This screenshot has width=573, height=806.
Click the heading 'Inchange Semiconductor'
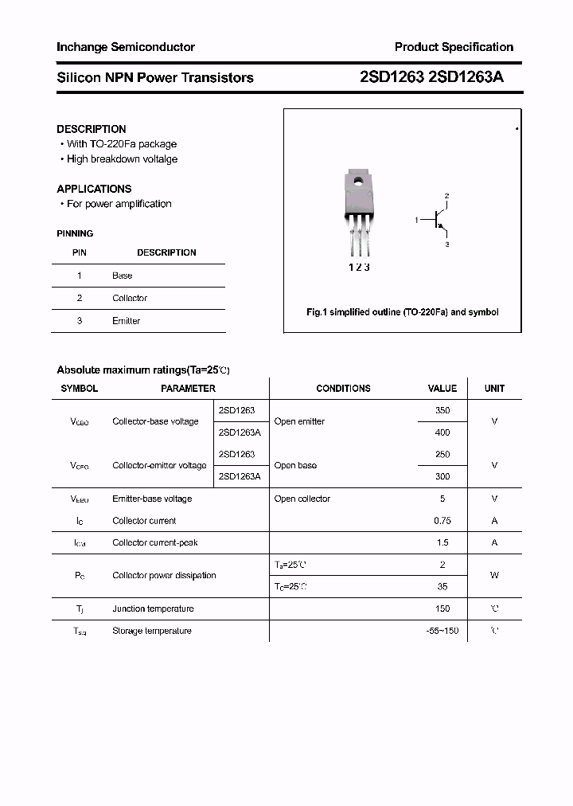(126, 48)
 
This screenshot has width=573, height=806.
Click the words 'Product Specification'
(454, 47)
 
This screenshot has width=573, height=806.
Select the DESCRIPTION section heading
(92, 129)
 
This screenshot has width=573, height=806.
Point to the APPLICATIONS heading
(94, 189)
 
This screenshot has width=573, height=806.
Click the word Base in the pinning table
(123, 276)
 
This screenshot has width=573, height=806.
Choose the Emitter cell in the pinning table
(126, 321)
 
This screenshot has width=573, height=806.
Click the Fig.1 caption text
(403, 312)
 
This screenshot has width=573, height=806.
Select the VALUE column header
(442, 389)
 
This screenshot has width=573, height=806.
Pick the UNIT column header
(494, 389)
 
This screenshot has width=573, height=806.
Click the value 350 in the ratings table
(442, 411)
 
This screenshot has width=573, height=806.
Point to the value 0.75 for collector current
(442, 521)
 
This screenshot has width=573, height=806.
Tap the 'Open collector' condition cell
(302, 499)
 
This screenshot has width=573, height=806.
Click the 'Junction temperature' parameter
(153, 609)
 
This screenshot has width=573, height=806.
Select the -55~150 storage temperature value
(442, 631)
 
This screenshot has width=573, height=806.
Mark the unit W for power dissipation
(494, 575)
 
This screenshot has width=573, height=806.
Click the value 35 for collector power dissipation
(442, 587)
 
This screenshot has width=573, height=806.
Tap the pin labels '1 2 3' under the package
(359, 268)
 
